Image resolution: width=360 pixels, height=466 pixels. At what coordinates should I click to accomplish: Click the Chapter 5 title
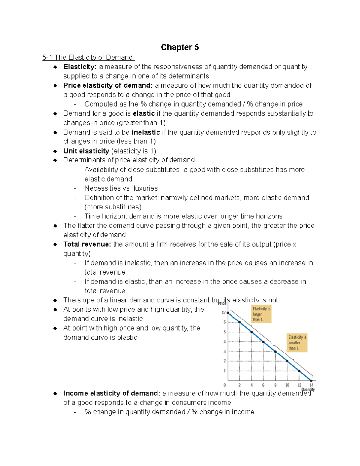pyautogui.click(x=180, y=47)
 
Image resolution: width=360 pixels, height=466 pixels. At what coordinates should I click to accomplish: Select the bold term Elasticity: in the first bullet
pyautogui.click(x=80, y=67)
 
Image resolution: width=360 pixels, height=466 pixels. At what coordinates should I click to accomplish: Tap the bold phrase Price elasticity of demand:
pyautogui.click(x=108, y=86)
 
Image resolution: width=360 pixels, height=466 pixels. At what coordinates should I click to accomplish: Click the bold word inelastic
pyautogui.click(x=146, y=132)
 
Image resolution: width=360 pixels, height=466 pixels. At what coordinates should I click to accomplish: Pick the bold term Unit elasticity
pyautogui.click(x=86, y=151)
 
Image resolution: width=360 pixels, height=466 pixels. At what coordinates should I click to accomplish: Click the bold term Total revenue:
pyautogui.click(x=87, y=244)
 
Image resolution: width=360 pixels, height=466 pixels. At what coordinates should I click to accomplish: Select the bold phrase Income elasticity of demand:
pyautogui.click(x=112, y=393)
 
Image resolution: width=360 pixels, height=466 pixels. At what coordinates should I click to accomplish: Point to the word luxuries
pyautogui.click(x=145, y=188)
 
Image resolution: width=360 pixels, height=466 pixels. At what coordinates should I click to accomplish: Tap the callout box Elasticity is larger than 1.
pyautogui.click(x=261, y=314)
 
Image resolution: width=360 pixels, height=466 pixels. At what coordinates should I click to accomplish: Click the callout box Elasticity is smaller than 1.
pyautogui.click(x=297, y=343)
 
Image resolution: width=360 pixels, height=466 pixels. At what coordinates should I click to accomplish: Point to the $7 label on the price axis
pyautogui.click(x=223, y=313)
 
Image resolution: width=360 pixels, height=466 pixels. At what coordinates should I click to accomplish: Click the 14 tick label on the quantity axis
pyautogui.click(x=311, y=385)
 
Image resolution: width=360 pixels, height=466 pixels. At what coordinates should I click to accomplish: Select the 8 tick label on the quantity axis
pyautogui.click(x=275, y=385)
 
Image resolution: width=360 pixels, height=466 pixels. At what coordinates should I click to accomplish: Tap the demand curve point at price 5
pyautogui.click(x=251, y=332)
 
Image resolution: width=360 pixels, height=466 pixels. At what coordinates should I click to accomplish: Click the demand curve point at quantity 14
pyautogui.click(x=311, y=380)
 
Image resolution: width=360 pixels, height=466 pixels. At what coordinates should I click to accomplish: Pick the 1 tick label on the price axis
pyautogui.click(x=224, y=371)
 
